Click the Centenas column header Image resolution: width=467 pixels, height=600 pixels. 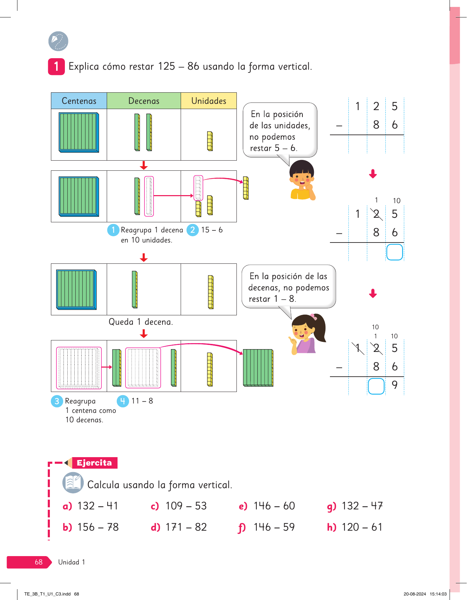coord(79,101)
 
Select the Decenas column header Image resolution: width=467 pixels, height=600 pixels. coord(144,101)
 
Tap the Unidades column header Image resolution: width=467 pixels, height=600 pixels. coord(209,101)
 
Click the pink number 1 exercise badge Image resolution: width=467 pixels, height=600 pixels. coord(57,67)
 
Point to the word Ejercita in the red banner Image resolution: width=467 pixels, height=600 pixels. coord(94,463)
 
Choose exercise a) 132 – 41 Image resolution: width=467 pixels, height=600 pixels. coord(91,506)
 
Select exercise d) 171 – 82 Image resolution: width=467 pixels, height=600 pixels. coord(179,527)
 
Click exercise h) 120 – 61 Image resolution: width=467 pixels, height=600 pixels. coord(355,527)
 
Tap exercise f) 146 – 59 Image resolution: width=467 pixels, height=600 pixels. coord(267,527)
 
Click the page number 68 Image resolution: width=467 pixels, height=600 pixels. coord(38,562)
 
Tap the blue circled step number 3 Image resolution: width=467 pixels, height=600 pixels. coord(57,401)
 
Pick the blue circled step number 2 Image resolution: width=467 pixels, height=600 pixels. coord(193,230)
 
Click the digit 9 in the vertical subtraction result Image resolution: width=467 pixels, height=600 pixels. coord(394,385)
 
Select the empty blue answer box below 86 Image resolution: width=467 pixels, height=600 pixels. coord(394,252)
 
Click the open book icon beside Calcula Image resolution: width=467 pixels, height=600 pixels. coord(73,483)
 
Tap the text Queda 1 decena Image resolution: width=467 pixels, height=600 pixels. coord(141,322)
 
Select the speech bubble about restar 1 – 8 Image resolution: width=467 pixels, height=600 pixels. coord(288,287)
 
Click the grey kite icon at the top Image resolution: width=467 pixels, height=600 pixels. coord(58,41)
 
